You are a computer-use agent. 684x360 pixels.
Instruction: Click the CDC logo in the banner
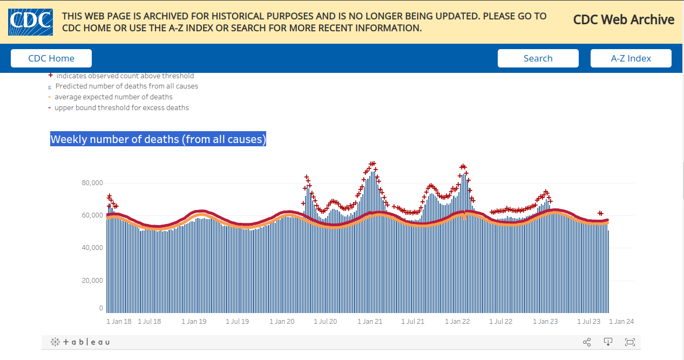tap(30, 22)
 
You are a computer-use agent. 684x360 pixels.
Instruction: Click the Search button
tap(538, 58)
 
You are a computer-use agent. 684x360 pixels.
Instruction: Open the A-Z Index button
tap(631, 58)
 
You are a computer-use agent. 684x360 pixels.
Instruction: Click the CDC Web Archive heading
tap(624, 20)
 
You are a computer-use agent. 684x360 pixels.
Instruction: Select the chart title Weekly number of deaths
tap(158, 139)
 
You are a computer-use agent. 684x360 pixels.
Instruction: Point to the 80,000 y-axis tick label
tap(92, 183)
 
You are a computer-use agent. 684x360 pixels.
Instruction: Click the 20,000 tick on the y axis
tap(92, 281)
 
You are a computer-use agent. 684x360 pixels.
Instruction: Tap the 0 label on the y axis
tap(100, 308)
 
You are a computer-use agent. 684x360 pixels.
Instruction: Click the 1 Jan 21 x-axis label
tap(370, 322)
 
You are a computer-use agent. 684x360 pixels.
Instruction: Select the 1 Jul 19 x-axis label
tap(237, 322)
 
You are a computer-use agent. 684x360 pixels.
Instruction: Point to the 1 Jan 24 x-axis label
tap(621, 322)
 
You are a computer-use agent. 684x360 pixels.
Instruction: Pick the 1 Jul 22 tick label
tap(501, 322)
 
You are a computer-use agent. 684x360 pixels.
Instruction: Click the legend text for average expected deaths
tap(113, 97)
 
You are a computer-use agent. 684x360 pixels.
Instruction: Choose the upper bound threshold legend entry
tap(121, 108)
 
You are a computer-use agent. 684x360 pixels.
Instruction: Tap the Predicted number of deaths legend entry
tap(126, 86)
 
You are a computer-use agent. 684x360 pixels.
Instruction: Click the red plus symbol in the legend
tap(51, 76)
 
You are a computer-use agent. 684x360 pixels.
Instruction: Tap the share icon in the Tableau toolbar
tap(587, 342)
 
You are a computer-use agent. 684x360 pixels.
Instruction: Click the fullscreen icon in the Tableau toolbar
tap(629, 342)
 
